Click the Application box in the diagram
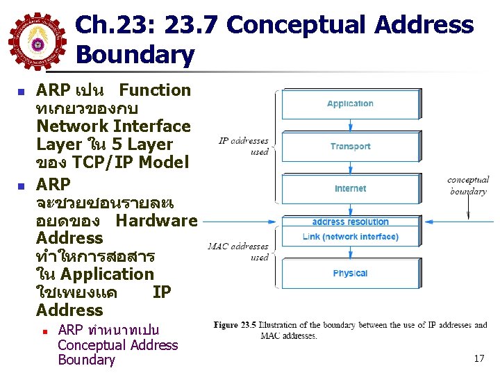pos(350,104)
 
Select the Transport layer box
pos(350,147)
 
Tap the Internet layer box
pos(350,189)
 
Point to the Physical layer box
pos(350,273)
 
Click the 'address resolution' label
pos(350,222)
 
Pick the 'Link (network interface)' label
pos(350,237)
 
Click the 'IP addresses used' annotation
pos(244,146)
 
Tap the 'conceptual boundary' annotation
pos(468,185)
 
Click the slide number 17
pos(478,359)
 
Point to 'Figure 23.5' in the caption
pos(236,325)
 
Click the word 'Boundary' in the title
pos(135,55)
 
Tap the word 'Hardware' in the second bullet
pos(156,221)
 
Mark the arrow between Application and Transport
pos(350,126)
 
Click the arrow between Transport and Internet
pos(350,168)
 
